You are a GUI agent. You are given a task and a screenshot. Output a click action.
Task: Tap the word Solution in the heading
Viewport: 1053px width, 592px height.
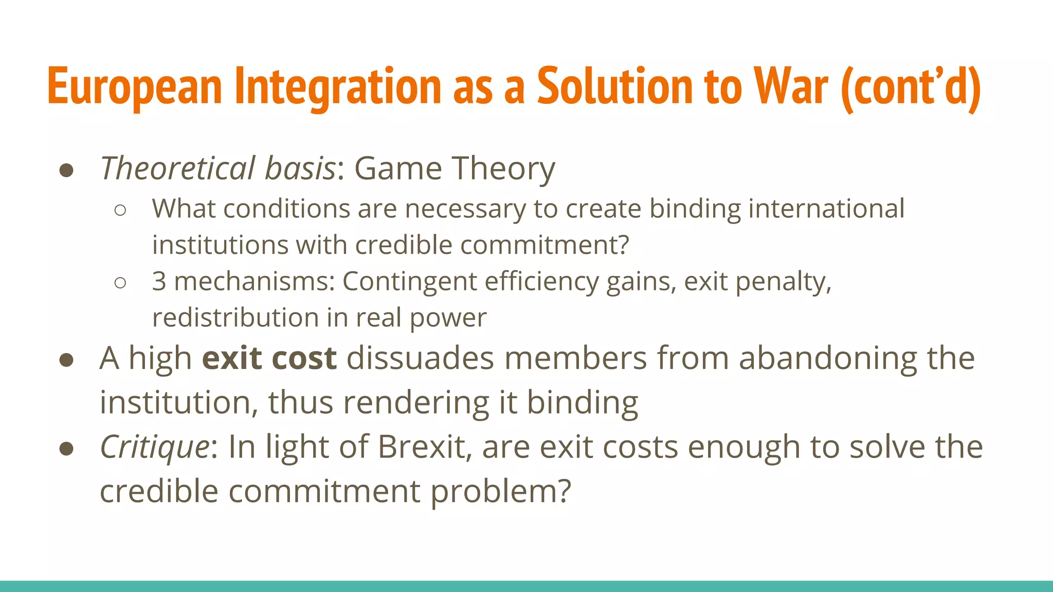[614, 86]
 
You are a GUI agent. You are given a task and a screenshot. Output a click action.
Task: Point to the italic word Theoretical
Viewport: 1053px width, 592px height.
[177, 168]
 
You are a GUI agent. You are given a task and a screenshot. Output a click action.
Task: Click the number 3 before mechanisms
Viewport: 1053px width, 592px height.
[159, 281]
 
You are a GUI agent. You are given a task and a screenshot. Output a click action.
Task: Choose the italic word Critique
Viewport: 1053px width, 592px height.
[154, 447]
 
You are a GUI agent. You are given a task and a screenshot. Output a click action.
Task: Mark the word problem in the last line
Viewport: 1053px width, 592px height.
[500, 492]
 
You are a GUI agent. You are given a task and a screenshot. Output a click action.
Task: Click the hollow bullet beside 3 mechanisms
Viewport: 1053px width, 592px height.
[120, 282]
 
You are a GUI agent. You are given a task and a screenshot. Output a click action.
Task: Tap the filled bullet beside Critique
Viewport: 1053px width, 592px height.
[66, 448]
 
